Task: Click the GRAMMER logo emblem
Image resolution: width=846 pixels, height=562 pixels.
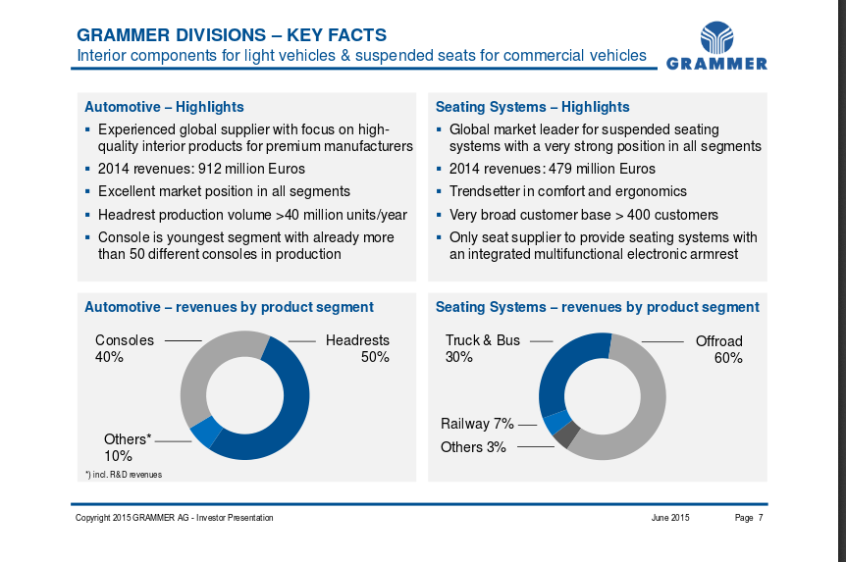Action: point(716,37)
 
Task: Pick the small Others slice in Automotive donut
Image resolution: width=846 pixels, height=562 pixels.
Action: point(205,433)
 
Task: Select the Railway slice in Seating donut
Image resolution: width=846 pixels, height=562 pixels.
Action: point(556,423)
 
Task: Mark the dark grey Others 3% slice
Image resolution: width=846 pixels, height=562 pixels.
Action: point(567,434)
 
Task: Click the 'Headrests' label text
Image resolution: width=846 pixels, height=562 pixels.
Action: point(357,340)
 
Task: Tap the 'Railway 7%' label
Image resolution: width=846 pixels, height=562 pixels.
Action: point(477,424)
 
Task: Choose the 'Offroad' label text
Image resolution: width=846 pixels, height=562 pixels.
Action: point(718,341)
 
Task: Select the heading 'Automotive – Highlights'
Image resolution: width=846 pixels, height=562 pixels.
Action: point(164,107)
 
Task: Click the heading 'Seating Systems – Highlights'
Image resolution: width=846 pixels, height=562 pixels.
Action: point(533,107)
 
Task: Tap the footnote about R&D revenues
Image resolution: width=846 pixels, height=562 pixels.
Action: point(124,475)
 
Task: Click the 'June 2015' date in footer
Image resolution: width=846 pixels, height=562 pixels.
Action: point(670,518)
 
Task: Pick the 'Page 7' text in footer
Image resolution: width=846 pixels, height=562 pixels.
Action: point(749,518)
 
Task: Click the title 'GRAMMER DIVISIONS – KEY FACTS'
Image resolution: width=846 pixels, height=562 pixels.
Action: point(232,35)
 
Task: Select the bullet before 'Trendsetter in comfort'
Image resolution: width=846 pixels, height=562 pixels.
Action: point(439,191)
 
